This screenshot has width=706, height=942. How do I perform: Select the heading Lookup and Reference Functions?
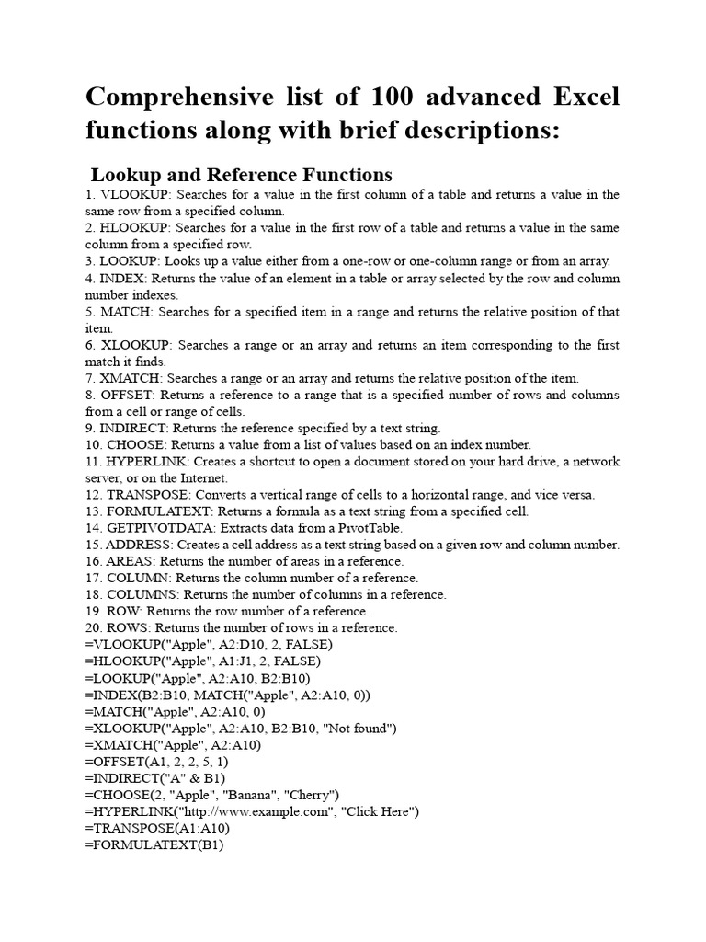241,175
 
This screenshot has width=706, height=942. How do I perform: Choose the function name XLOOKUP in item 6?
135,345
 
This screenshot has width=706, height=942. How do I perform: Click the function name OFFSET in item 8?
127,395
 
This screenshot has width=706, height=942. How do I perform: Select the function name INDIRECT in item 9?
133,428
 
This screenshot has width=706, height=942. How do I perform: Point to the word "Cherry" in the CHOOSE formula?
312,794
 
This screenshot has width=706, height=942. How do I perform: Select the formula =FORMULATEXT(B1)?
154,844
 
